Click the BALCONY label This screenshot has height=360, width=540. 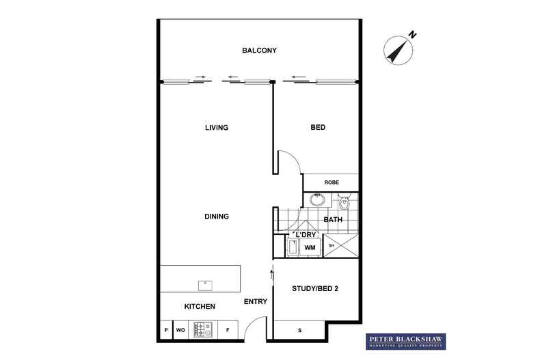coord(259,51)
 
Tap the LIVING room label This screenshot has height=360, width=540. coord(216,128)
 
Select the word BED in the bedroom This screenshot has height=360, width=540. coord(317,128)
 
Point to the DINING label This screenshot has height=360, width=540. coord(216,217)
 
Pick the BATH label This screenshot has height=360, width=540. coord(333,220)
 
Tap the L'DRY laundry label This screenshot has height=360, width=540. coord(306,235)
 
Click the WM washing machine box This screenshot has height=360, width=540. coord(309,247)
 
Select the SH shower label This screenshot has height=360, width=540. coord(332,246)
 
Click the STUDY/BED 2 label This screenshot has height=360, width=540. coord(316,288)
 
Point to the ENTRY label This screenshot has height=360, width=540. coord(255,302)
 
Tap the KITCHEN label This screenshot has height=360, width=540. coord(199,307)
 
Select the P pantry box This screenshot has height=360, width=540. coord(166,330)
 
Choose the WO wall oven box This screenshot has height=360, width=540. coord(181,330)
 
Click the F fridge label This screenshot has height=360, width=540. coord(227,330)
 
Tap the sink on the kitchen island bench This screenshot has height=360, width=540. coord(204,283)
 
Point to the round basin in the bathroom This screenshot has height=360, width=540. coord(317,201)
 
